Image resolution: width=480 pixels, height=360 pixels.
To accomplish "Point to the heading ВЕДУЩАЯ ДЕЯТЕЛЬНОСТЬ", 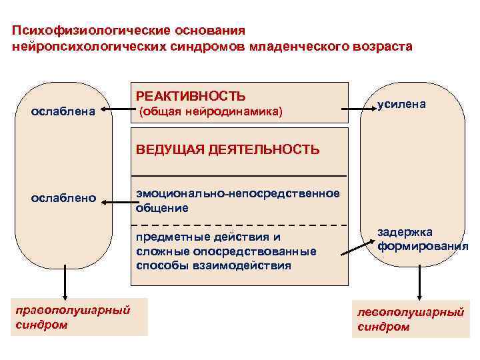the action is [227, 149].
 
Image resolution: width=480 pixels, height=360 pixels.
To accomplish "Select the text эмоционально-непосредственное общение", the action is [237, 200].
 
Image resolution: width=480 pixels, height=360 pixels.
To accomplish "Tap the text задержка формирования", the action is [422, 239].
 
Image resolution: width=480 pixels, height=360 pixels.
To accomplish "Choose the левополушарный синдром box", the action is [409, 320].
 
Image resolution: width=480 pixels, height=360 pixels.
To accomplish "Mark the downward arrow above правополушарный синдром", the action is [65, 281].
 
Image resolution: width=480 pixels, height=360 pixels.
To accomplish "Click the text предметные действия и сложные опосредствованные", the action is [226, 244].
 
